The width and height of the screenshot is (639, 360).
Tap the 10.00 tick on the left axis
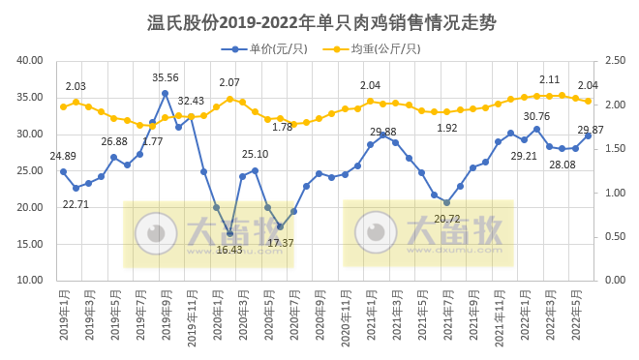tap(30, 280)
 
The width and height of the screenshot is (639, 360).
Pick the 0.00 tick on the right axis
tap(615, 280)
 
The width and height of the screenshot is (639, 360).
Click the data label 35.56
tap(166, 77)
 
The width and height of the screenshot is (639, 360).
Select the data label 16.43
tap(229, 249)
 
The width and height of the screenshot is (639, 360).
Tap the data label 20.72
tap(446, 219)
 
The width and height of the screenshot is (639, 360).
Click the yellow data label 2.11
tap(550, 79)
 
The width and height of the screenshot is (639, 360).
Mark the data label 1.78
tap(282, 127)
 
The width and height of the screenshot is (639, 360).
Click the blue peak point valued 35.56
tap(166, 93)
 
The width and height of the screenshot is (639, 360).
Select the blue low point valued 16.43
tap(229, 233)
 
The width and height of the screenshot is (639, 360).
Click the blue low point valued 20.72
tap(447, 202)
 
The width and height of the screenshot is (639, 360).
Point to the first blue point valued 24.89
tap(63, 171)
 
